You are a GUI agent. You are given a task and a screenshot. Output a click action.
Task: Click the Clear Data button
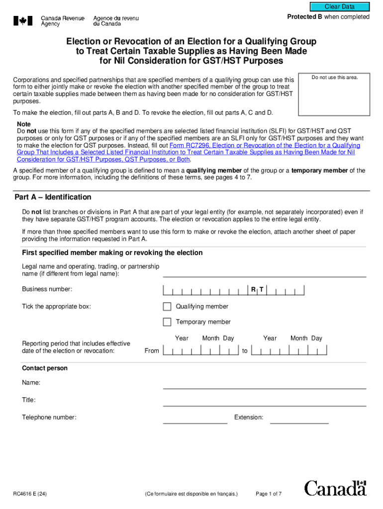340,6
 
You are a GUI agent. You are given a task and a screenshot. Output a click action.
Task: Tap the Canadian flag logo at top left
22,21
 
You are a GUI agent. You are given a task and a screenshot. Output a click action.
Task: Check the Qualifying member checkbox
167,306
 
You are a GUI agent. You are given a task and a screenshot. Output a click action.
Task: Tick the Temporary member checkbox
167,322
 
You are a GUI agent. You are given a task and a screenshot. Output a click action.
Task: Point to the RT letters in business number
257,289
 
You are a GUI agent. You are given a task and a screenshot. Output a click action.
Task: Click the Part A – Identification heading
53,197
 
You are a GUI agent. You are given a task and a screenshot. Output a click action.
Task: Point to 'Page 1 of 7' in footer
269,494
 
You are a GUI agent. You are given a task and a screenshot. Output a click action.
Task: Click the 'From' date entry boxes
201,351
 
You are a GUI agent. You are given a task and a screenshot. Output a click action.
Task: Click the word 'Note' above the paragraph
24,124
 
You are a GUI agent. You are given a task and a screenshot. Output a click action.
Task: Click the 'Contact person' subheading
45,368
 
